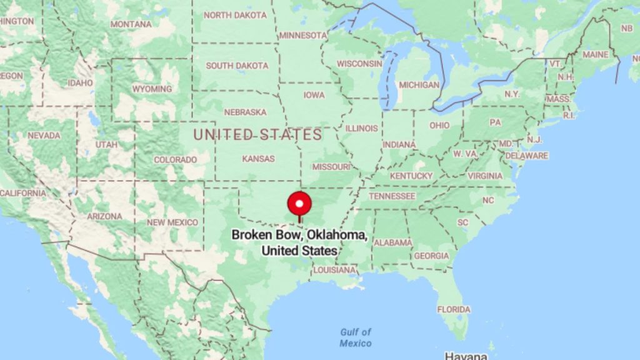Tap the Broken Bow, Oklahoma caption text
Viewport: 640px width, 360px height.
pos(299,242)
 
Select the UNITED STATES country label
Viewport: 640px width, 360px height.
pos(257,134)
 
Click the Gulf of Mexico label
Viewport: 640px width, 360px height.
pos(356,337)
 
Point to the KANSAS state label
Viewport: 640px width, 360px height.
pos(258,159)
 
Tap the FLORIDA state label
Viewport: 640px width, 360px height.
pos(454,309)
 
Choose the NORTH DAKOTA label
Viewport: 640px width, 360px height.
pos(235,15)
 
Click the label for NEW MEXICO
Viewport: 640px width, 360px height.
pos(172,222)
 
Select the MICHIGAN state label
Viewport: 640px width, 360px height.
pos(419,84)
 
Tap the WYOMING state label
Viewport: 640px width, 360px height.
pos(152,89)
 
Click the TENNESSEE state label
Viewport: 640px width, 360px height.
pos(392,196)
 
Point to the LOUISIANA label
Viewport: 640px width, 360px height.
pos(334,271)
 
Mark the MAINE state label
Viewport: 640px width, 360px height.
pos(595,55)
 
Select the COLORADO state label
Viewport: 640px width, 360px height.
pos(175,160)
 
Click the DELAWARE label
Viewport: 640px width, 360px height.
pos(526,156)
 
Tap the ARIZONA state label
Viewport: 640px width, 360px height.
pos(104,216)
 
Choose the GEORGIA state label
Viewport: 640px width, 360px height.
pos(431,256)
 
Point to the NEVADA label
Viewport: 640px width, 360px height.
pos(44,136)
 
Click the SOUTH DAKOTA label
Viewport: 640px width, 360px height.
pos(237,66)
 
